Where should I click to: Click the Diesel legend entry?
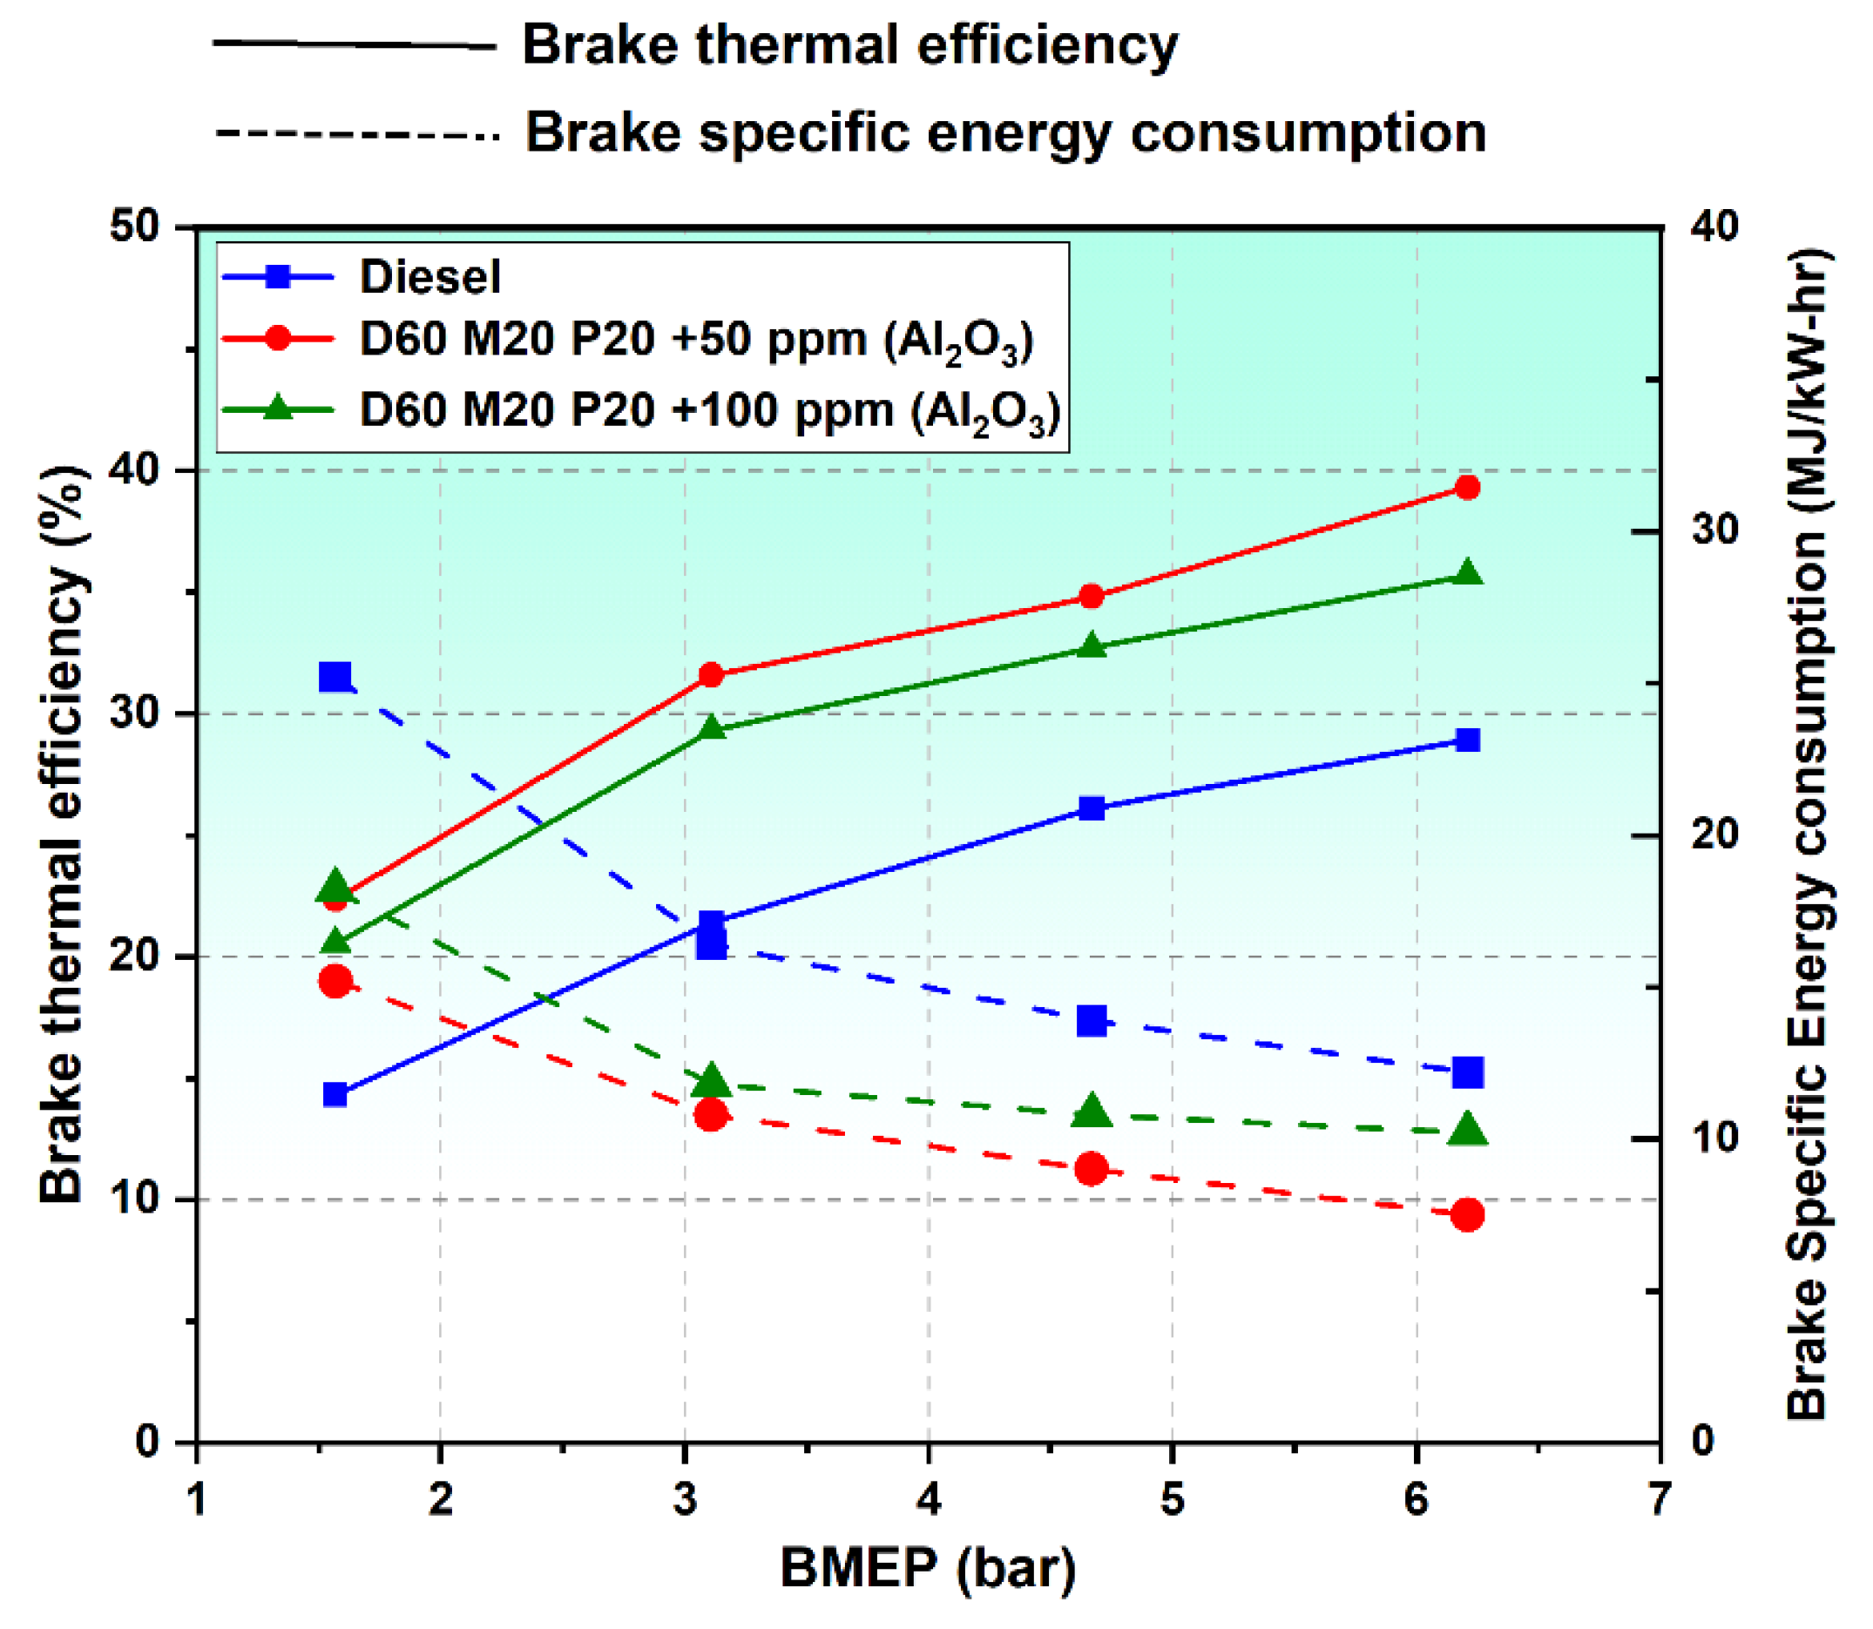click(x=429, y=276)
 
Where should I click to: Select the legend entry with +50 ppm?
click(x=695, y=341)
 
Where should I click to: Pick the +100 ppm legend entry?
click(x=709, y=411)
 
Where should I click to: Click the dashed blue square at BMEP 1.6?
click(x=335, y=676)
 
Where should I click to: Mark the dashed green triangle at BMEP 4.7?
click(x=1091, y=1111)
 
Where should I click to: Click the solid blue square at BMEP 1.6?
click(x=335, y=1093)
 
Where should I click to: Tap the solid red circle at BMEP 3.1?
click(x=711, y=674)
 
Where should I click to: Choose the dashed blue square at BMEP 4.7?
click(x=1091, y=1021)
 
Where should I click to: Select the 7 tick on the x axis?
click(x=1660, y=1499)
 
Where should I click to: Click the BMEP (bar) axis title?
click(x=928, y=1569)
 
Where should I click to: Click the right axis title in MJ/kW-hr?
click(x=1809, y=835)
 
